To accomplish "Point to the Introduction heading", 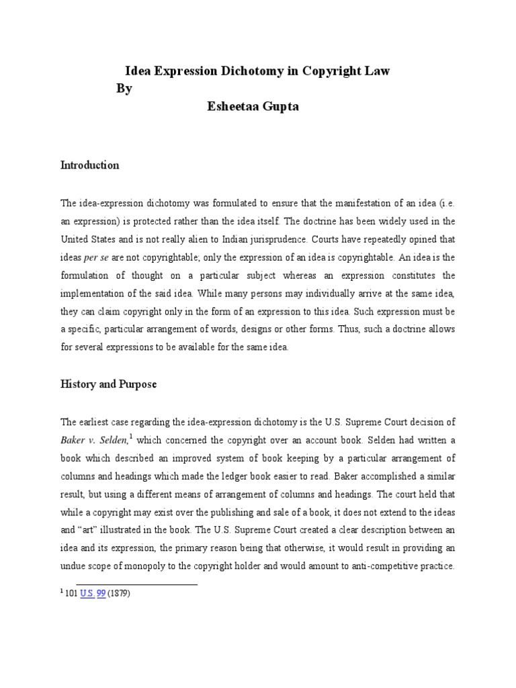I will tap(90, 165).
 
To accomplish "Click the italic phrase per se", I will tap(97, 257).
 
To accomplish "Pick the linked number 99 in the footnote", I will tap(101, 595).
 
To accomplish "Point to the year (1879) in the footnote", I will tap(119, 595).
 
